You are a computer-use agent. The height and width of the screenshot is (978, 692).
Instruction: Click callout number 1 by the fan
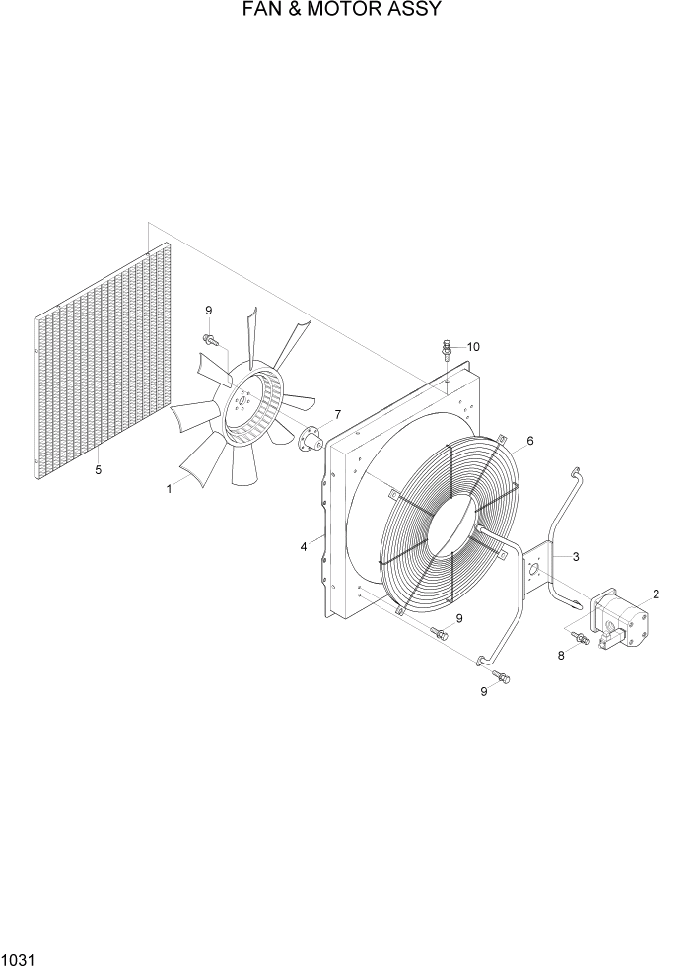[169, 488]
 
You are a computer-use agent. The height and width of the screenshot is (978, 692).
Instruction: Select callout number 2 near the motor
[656, 594]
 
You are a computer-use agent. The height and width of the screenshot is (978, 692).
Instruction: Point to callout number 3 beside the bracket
[576, 557]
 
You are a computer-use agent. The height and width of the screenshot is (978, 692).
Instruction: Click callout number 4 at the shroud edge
[305, 545]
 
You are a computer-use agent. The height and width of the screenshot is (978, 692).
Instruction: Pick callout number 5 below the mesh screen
[98, 470]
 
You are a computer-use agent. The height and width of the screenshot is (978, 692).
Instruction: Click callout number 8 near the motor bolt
[561, 653]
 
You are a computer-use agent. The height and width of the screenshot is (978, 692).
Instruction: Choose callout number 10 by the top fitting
[473, 347]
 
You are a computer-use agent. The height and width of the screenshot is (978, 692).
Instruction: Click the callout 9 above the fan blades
[208, 311]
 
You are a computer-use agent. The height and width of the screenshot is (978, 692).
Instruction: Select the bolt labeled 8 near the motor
[581, 640]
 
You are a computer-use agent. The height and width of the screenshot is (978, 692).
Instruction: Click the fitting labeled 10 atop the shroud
[448, 350]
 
